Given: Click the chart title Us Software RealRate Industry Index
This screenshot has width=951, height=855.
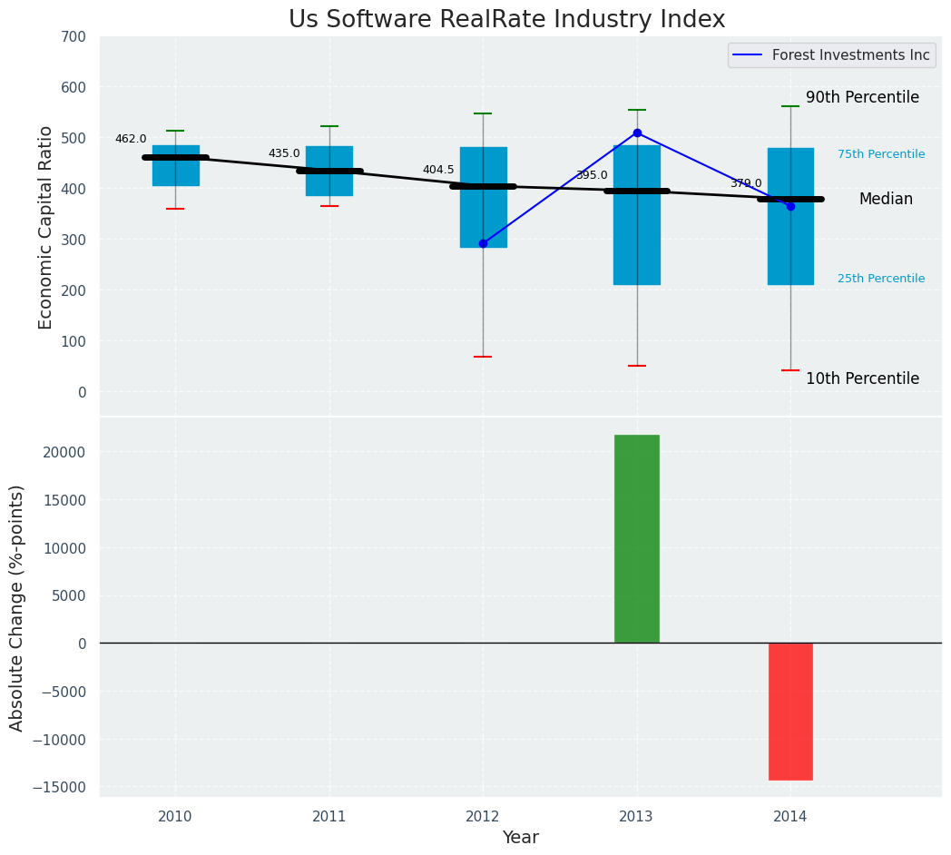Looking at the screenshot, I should coord(506,20).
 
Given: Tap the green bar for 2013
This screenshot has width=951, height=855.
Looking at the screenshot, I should coord(637,539).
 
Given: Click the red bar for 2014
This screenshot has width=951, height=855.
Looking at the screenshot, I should coord(790,712).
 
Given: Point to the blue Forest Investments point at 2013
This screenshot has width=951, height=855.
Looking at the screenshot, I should coord(637,133).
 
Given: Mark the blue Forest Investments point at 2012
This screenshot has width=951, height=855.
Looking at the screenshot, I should coord(483,243).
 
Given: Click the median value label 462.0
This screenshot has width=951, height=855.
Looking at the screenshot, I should coord(131,139).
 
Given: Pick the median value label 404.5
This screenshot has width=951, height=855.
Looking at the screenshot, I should coord(438,170).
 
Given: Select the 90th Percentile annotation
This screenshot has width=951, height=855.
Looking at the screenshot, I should coord(862,97).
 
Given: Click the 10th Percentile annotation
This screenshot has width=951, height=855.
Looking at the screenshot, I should coord(862,378).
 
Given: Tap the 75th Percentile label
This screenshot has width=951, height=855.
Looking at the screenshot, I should coord(881,154).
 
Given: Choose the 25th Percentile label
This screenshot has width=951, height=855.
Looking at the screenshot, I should coord(881,279).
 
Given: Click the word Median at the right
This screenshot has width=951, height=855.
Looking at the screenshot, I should coord(886,199).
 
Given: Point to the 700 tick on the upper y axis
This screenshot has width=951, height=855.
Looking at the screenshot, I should coord(74,37).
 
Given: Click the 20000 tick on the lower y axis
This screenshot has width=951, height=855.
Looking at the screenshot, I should coord(65,452).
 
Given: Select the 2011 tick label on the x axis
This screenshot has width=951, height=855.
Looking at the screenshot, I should coord(329,817).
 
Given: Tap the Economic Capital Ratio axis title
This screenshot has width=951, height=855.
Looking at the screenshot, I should coord(46,227).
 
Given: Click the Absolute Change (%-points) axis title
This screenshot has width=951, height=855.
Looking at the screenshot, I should coord(17,607).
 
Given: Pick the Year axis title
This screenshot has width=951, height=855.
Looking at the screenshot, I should coord(521,838).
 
